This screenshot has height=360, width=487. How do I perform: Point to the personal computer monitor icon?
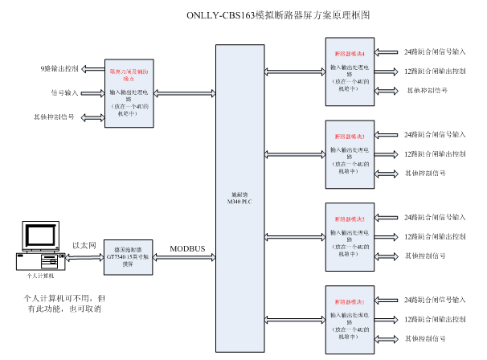pyautogui.click(x=39, y=235)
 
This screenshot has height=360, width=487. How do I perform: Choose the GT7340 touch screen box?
pyautogui.click(x=129, y=257)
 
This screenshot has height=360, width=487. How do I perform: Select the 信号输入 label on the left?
pyautogui.click(x=66, y=92)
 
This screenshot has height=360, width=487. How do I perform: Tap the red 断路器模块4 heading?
pyautogui.click(x=350, y=54)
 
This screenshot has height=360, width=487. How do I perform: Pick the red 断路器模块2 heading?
pyautogui.click(x=350, y=219)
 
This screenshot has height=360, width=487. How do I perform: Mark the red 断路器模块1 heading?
pyautogui.click(x=350, y=301)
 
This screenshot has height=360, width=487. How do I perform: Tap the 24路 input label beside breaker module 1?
pyautogui.click(x=435, y=300)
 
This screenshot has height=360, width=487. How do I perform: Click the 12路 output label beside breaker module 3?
pyautogui.click(x=435, y=153)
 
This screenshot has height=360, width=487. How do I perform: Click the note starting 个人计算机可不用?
pyautogui.click(x=63, y=303)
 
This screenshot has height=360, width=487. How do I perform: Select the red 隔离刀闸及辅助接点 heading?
pyautogui.click(x=129, y=75)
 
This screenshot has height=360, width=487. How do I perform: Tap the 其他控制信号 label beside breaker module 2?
pyautogui.click(x=425, y=256)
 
